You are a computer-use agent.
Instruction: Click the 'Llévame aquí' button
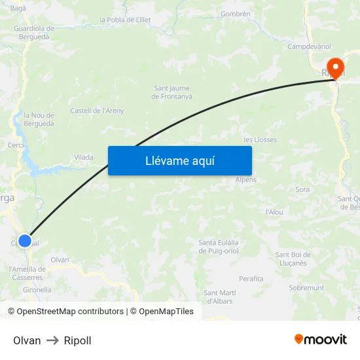coord(179,160)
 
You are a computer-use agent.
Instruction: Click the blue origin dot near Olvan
coord(25,241)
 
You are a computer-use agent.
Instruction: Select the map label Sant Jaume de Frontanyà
coord(173,92)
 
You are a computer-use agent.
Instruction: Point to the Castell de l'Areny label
coord(97,111)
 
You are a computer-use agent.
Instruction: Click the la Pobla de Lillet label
coord(125,20)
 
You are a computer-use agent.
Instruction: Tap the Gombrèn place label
coord(236,14)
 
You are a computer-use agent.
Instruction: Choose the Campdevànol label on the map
coord(309,46)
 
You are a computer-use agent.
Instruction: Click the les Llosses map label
coord(260,139)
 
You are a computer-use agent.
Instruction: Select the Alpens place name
coord(246,179)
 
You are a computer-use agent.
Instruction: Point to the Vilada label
coord(83,157)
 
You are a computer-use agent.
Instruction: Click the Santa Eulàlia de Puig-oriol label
coord(219,246)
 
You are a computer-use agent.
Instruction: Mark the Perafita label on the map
coord(251,279)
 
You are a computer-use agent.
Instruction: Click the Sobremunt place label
coord(306,287)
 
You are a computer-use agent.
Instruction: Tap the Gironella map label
coord(37,289)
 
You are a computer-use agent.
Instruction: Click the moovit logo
coord(321,339)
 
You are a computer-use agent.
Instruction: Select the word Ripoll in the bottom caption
coord(78,340)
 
